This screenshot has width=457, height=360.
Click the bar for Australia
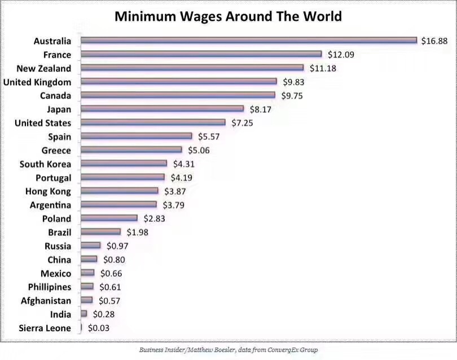point(248,41)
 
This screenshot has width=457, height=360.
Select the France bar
point(201,54)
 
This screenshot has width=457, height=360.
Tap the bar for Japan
point(162,109)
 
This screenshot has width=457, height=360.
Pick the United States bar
point(153,122)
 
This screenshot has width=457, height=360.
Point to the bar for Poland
point(109,218)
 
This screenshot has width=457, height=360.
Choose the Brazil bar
point(100,232)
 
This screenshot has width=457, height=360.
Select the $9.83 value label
point(293,82)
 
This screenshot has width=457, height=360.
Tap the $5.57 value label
point(209,137)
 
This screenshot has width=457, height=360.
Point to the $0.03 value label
point(98,328)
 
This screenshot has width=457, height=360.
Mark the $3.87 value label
point(175,191)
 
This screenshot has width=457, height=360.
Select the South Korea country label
point(45,164)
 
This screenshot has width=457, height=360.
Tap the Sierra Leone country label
point(45,328)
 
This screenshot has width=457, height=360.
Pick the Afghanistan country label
point(46,301)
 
